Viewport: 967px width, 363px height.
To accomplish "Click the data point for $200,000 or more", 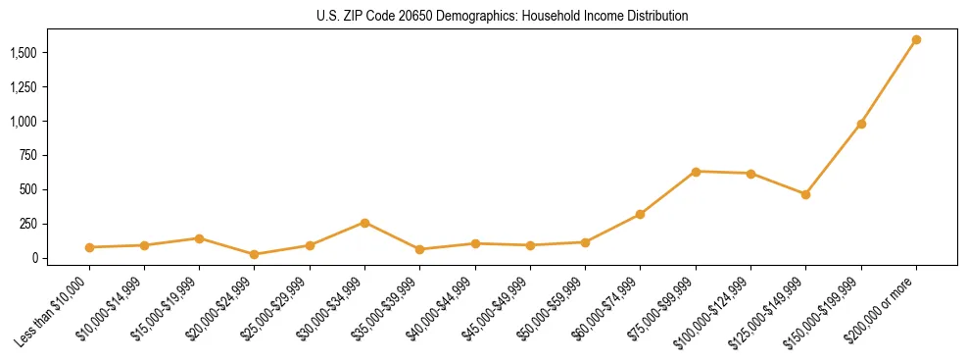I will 916,40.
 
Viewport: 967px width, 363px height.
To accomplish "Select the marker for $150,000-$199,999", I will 861,124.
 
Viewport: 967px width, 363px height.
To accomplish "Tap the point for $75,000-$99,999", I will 696,172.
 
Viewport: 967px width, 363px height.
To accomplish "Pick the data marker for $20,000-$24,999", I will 255,254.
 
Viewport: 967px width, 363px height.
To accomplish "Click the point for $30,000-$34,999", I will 364,223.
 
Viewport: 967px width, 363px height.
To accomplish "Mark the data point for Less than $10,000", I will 89,247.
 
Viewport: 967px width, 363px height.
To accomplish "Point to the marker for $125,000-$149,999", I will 805,194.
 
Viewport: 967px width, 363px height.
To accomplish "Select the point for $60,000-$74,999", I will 640,214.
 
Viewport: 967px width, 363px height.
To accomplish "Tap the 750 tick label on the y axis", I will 29,155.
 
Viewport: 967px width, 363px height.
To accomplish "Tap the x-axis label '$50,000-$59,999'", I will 554,312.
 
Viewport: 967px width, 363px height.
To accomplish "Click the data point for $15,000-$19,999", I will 200,238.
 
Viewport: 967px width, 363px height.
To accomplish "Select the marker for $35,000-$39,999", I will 420,249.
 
